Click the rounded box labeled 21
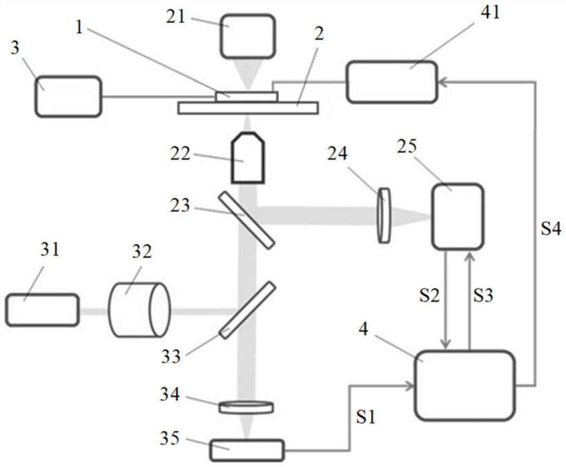pos(248,36)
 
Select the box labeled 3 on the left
pos(68,97)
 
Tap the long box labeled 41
pos(392,82)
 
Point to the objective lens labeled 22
pos(248,158)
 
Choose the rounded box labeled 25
pos(457,216)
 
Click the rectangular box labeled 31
pos(42,310)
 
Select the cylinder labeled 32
pos(139,310)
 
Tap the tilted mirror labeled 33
pos(248,310)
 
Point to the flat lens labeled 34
pos(246,407)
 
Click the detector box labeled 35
pos(247,450)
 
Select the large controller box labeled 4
pos(465,385)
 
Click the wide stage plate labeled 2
pos(247,108)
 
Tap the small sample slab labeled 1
pos(247,96)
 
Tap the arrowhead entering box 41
pos(443,82)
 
